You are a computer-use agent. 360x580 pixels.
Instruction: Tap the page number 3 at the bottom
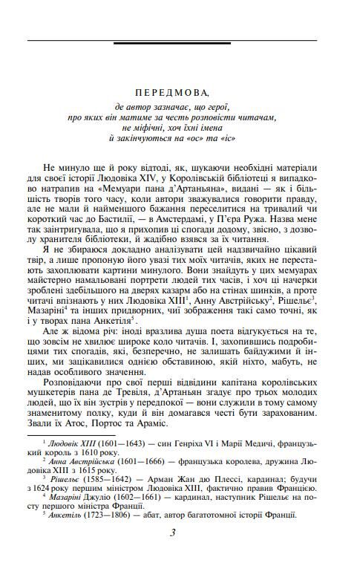tap(172, 552)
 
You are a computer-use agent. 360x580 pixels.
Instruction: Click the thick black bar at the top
tap(171, 44)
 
